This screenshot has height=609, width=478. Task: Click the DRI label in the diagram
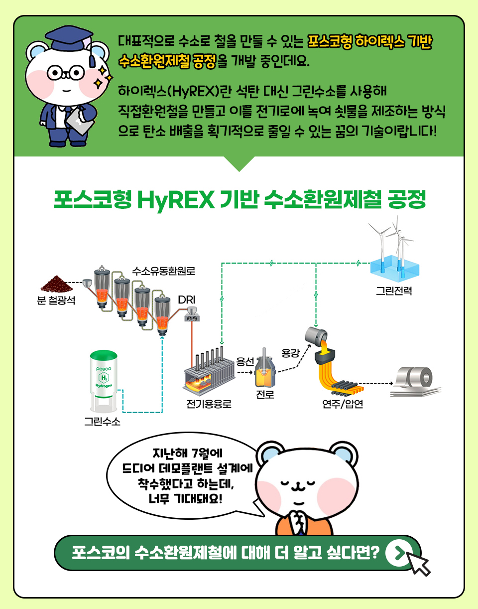tap(187, 300)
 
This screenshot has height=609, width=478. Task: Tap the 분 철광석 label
tap(56, 301)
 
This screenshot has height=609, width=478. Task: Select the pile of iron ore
tap(57, 284)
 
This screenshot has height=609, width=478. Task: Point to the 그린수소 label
tap(102, 421)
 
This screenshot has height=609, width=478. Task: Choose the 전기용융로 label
tap(209, 404)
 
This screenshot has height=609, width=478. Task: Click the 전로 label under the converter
tap(265, 394)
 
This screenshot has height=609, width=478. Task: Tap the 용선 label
tap(245, 361)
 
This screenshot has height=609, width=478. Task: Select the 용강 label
tap(290, 353)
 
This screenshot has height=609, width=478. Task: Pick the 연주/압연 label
tap(343, 404)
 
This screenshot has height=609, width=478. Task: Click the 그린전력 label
tap(394, 291)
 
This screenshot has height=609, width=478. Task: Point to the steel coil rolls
tap(416, 382)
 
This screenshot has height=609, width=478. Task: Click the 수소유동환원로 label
tap(163, 271)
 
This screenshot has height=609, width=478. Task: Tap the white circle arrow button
tap(399, 553)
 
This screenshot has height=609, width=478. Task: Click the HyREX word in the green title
tap(176, 200)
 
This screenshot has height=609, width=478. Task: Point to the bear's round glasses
tap(66, 73)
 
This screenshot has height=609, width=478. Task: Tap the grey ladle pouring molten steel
tap(316, 336)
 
